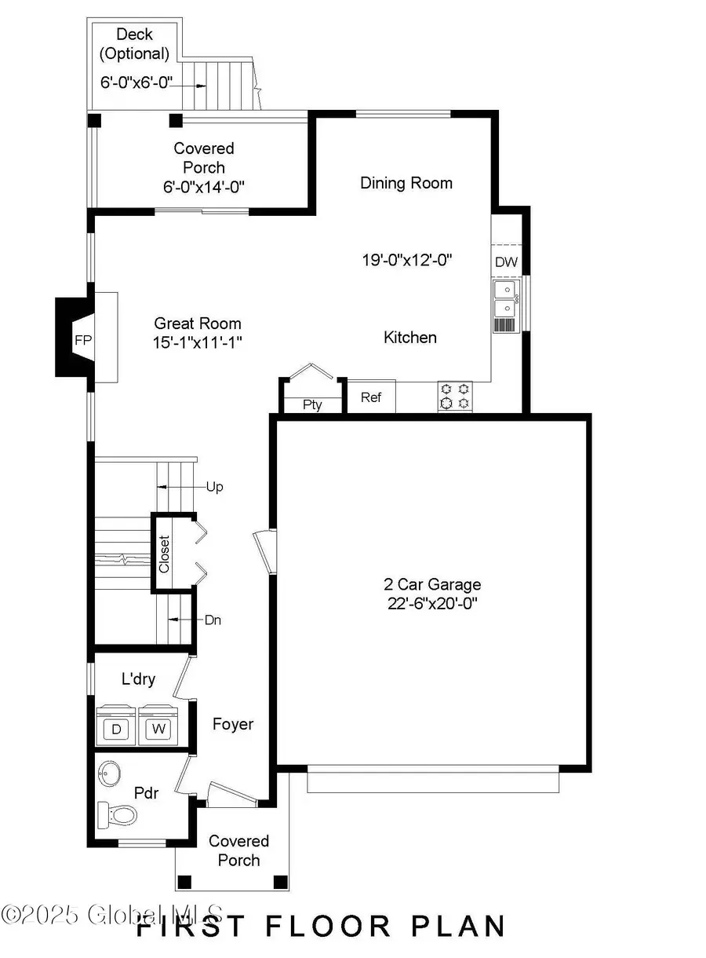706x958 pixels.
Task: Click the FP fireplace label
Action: tap(83, 341)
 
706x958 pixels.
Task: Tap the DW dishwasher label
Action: tap(506, 262)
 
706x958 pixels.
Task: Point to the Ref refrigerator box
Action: tap(371, 397)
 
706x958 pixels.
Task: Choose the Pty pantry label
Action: tap(312, 405)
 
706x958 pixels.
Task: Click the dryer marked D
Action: tap(117, 729)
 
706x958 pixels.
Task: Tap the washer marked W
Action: tap(159, 729)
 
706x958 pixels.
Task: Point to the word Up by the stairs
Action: tap(214, 487)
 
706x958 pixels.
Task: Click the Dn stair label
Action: tap(213, 620)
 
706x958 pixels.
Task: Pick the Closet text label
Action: tap(164, 553)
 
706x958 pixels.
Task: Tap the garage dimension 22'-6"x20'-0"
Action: tap(432, 603)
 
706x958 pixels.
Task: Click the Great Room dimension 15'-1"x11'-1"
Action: tap(198, 342)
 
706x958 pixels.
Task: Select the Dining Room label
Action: tap(406, 183)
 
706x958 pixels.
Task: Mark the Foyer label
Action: tap(233, 723)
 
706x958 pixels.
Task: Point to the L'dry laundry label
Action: tap(138, 678)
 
